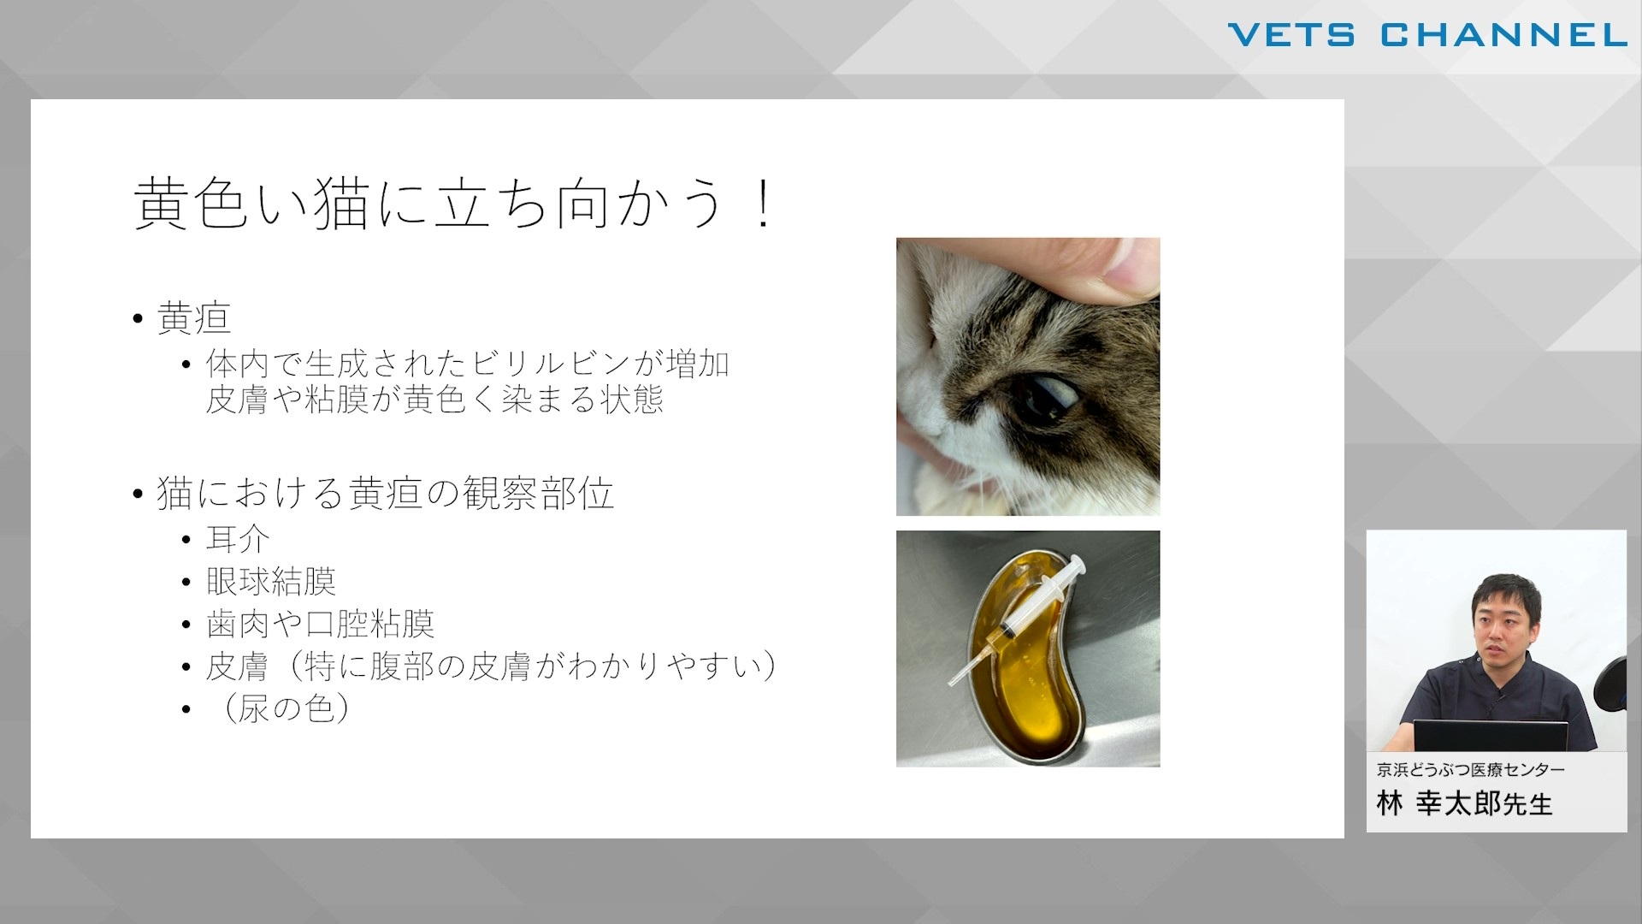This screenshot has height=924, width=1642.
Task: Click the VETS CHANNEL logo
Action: pos(1427,35)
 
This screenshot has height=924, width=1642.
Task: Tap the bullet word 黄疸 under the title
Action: pos(194,318)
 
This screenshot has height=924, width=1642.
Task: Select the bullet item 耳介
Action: pos(238,539)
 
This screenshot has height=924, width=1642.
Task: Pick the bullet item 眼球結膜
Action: pos(271,582)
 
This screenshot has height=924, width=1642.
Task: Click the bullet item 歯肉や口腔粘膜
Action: pos(320,624)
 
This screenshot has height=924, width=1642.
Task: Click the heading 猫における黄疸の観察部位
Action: pos(386,494)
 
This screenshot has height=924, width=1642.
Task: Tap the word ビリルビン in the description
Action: pos(550,364)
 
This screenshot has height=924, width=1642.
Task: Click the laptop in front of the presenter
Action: pos(1490,737)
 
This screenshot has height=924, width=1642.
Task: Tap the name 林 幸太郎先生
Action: pos(1464,803)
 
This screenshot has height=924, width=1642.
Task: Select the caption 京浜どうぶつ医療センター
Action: pos(1471,770)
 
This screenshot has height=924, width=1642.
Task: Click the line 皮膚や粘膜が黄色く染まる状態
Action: pos(434,400)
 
